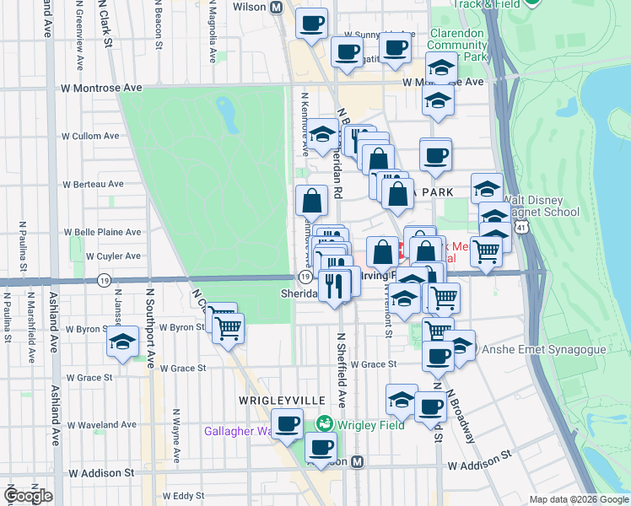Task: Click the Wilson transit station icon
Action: click(x=277, y=7)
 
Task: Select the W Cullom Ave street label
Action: click(x=94, y=136)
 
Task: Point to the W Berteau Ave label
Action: click(x=94, y=184)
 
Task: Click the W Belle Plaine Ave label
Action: click(x=103, y=232)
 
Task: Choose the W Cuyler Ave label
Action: click(x=94, y=256)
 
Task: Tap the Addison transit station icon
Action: click(x=358, y=462)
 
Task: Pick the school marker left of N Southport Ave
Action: click(x=123, y=342)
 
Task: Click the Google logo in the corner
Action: click(x=28, y=496)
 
